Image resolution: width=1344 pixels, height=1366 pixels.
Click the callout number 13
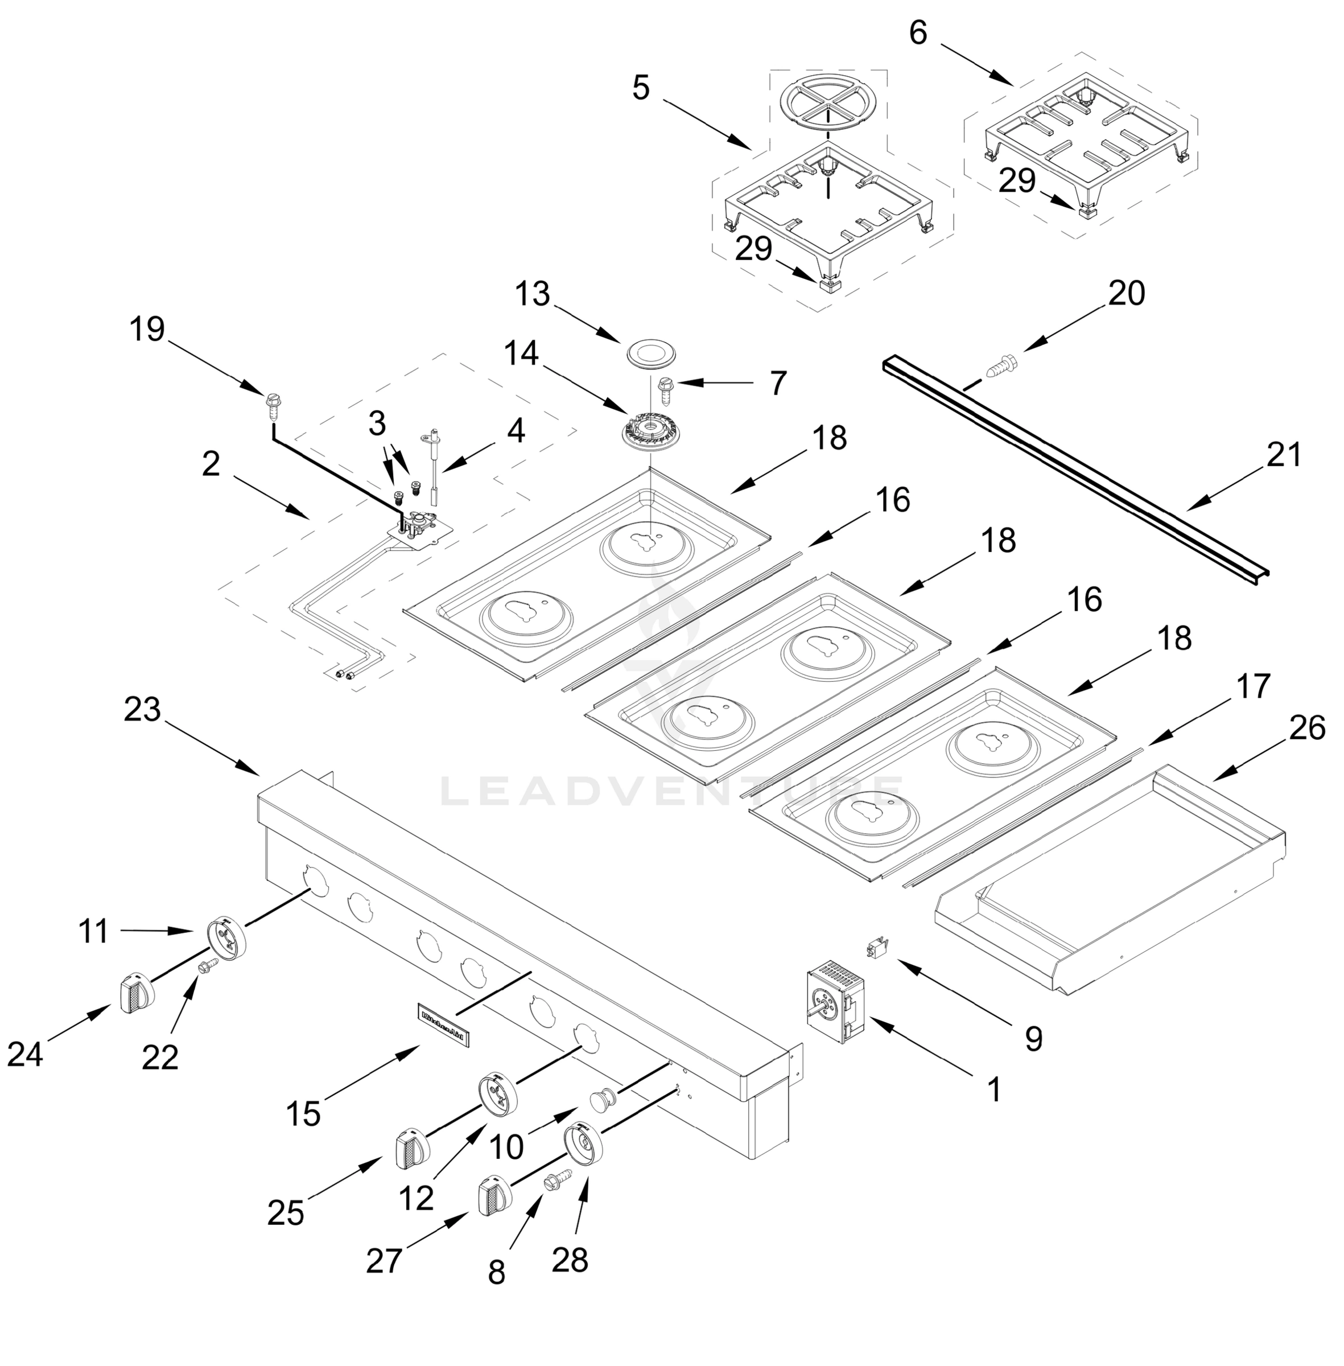tap(532, 294)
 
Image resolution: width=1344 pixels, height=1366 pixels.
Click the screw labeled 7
tap(665, 388)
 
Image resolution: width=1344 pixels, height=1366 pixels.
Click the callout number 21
tap(1283, 455)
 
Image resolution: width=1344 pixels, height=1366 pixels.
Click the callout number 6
tap(918, 33)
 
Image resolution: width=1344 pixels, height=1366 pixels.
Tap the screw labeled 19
tap(274, 405)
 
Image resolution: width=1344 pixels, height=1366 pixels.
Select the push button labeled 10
tap(602, 1101)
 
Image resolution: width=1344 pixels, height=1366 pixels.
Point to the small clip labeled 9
tap(877, 948)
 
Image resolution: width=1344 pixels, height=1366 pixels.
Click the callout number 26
tap(1306, 729)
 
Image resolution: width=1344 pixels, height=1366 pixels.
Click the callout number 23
tap(143, 710)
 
